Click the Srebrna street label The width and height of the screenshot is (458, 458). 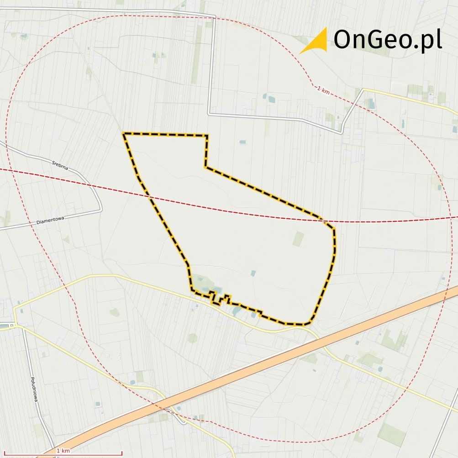[x=60, y=164]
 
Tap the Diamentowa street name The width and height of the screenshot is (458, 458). [x=50, y=220]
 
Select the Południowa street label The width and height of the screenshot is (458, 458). [x=34, y=388]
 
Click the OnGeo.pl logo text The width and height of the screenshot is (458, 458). [x=387, y=40]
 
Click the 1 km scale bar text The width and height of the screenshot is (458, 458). [x=63, y=451]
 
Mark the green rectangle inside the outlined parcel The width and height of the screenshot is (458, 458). [x=298, y=238]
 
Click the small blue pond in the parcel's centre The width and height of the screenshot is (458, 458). [x=253, y=273]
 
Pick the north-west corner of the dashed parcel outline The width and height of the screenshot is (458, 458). [x=124, y=134]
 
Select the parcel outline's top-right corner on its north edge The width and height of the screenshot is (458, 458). [x=207, y=136]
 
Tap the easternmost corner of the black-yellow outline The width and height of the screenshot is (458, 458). [x=334, y=228]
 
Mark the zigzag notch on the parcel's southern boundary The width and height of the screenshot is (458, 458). [x=220, y=299]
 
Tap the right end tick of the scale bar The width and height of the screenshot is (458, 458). [x=121, y=453]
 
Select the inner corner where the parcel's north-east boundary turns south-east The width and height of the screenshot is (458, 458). [x=205, y=167]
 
